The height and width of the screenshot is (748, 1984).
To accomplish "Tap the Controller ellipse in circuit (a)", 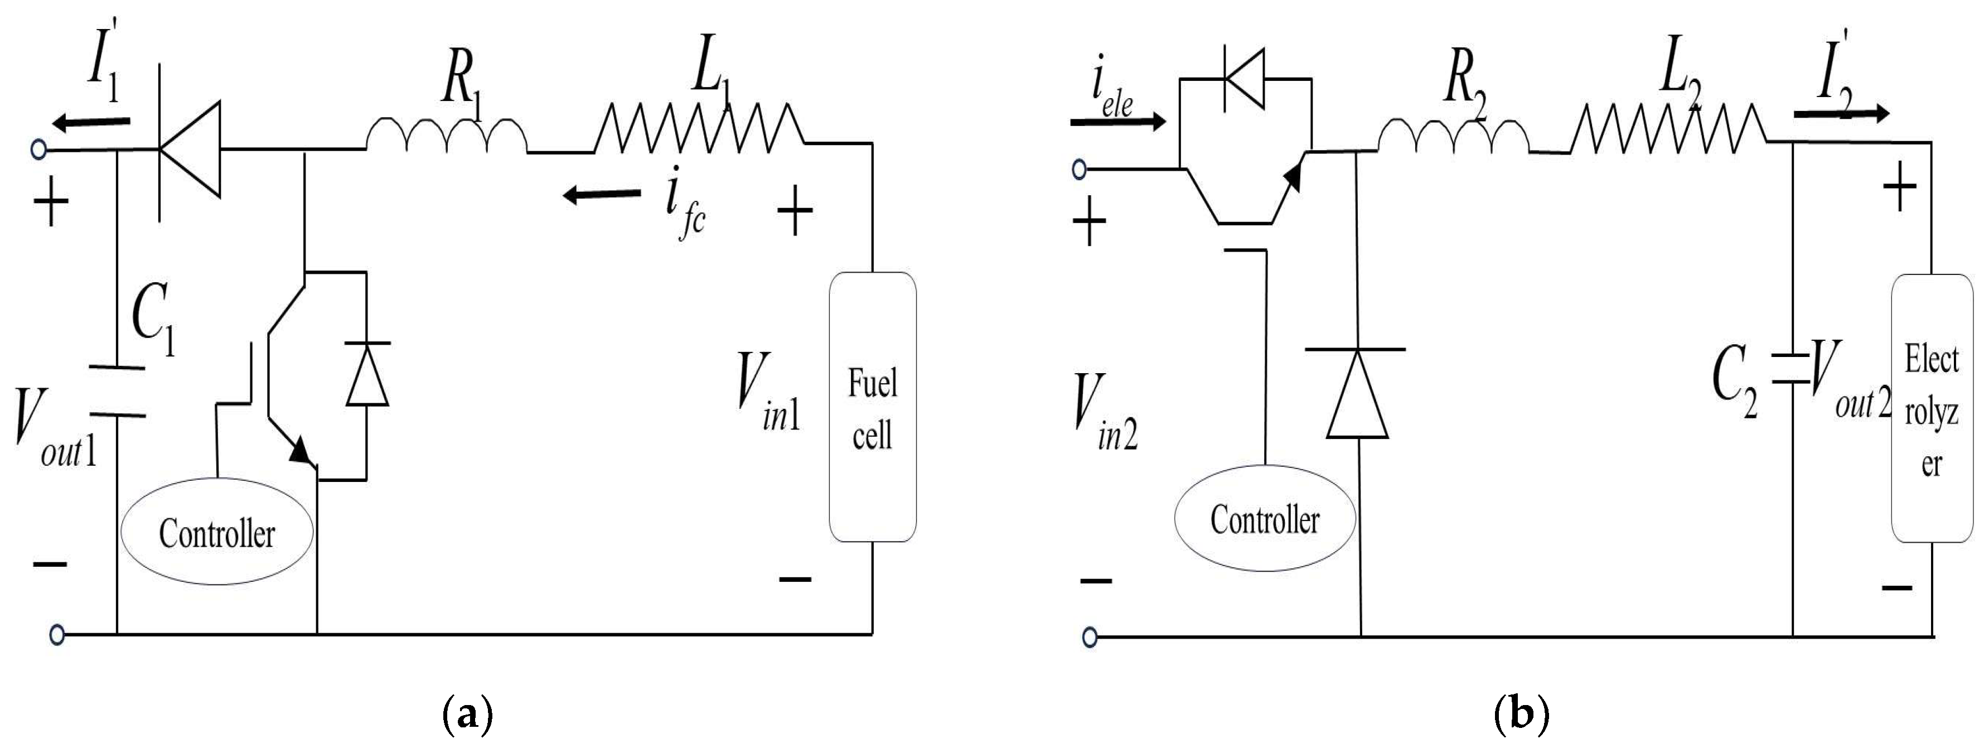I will pyautogui.click(x=217, y=532).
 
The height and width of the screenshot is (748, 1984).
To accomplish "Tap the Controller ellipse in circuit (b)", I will pyautogui.click(x=1264, y=518).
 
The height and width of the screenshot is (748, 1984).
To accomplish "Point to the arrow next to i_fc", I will pyautogui.click(x=601, y=194).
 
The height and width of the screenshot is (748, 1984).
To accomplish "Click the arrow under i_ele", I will pyautogui.click(x=1117, y=121).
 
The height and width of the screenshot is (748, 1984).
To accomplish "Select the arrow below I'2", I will pyautogui.click(x=1841, y=114).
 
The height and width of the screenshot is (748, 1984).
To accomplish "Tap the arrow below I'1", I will pyautogui.click(x=91, y=121).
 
